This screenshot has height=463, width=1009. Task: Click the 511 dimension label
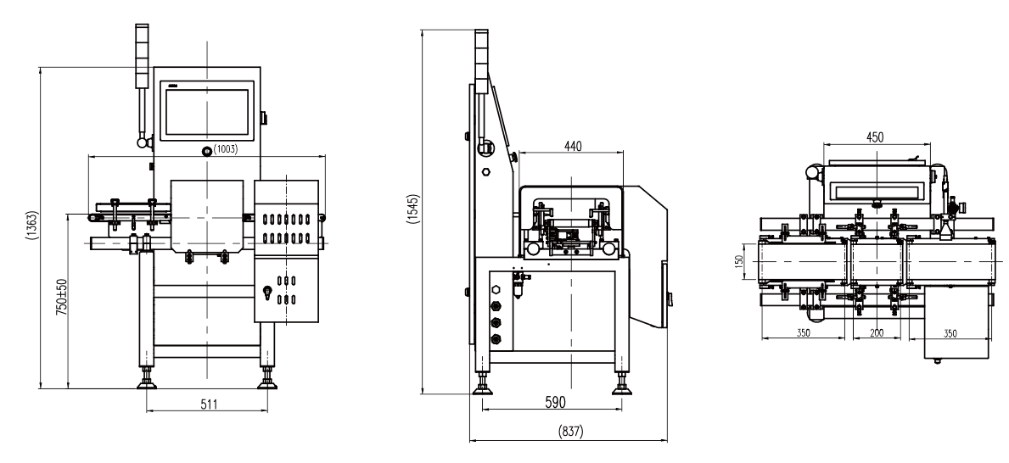point(209,404)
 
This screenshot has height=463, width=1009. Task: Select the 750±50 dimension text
point(61,297)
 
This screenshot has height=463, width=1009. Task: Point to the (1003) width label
point(225,149)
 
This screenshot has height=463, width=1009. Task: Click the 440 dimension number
point(572,146)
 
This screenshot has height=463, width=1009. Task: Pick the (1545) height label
point(414,209)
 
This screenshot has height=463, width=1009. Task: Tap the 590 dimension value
point(555,403)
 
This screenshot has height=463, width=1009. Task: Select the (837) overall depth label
point(570,432)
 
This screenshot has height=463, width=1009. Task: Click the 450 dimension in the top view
point(875,137)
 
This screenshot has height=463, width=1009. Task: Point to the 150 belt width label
point(739,260)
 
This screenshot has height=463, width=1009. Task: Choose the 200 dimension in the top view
point(876,333)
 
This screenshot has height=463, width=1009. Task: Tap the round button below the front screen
point(206,151)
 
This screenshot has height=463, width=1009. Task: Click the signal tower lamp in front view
point(142,56)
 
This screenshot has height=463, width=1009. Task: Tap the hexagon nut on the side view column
point(486,172)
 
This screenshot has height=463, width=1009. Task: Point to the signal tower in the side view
point(481,57)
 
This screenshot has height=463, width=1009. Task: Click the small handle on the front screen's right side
point(264,119)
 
